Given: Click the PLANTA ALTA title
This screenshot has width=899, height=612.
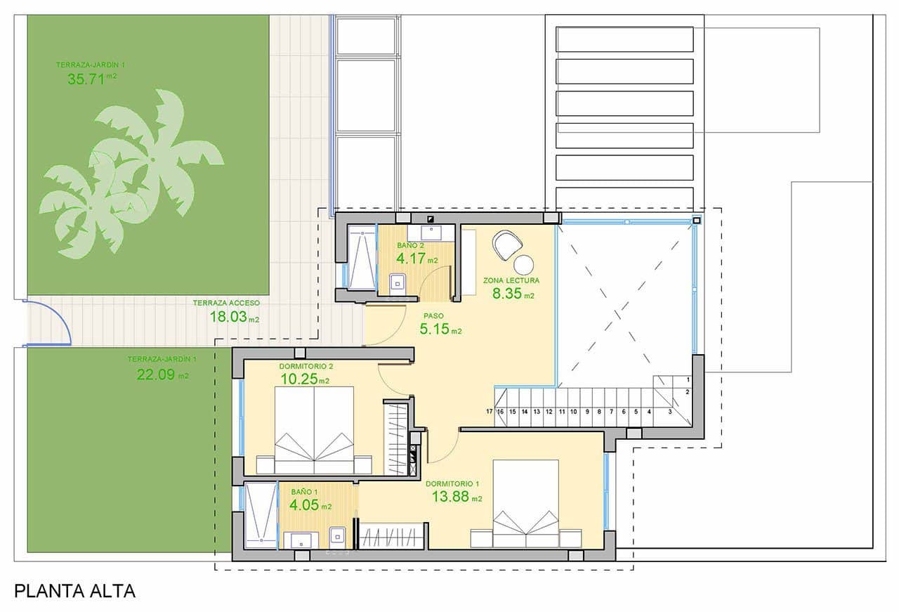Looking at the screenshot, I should click(74, 591).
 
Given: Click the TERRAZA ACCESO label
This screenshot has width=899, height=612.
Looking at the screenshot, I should click(227, 303).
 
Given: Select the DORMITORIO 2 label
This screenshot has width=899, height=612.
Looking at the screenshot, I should click(306, 366).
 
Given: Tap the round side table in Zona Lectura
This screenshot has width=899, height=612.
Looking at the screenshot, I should click(525, 265).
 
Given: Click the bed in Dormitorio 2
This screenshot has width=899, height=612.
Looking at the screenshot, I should click(314, 431).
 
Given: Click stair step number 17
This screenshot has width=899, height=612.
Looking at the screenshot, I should click(490, 412).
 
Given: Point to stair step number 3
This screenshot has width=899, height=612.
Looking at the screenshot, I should click(670, 412).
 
